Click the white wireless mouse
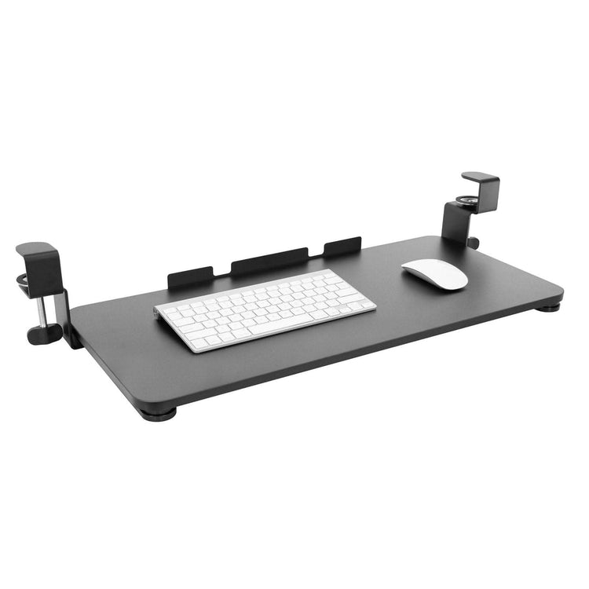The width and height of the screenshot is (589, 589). (435, 273)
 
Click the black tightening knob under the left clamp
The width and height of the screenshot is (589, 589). (44, 333)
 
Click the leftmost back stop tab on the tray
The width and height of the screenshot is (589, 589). (190, 277)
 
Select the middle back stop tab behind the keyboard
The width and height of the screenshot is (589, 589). (269, 260)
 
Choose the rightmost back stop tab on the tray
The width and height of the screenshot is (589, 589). (342, 246)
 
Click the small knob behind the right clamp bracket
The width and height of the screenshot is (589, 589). (474, 243)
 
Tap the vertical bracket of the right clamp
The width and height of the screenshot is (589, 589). (454, 222)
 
